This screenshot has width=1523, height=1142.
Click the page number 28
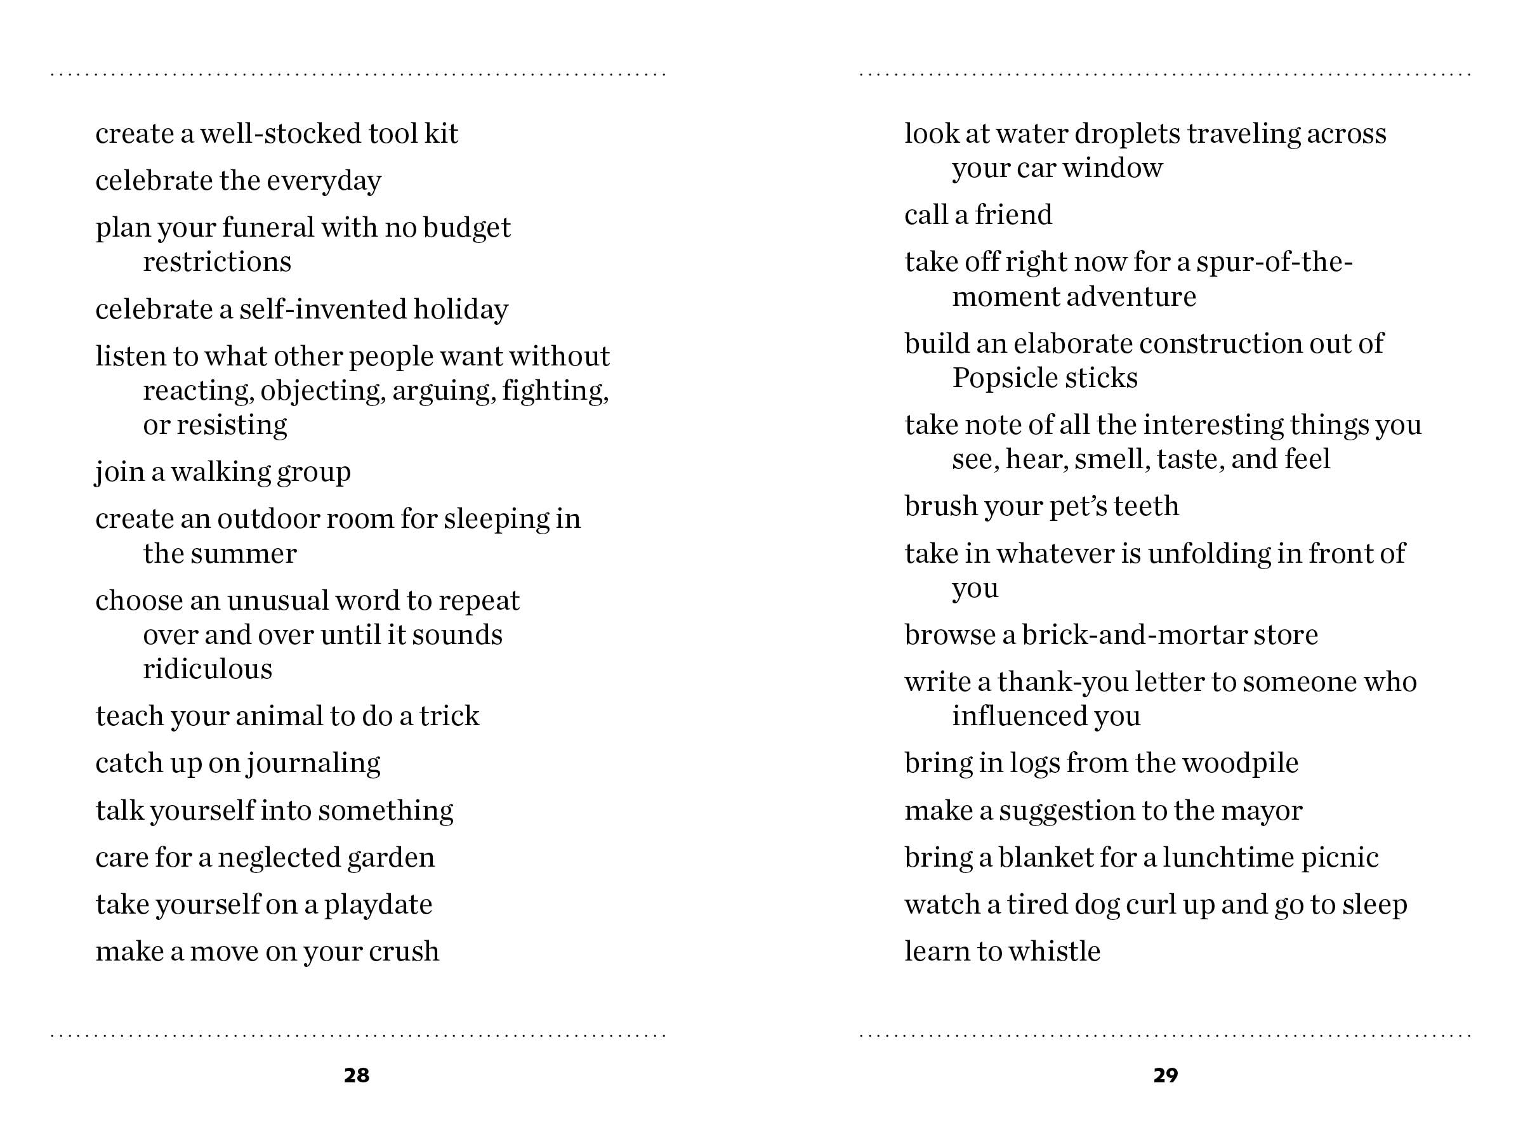click(357, 1075)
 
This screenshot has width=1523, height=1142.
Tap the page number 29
click(1166, 1075)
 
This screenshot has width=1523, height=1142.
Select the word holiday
click(461, 310)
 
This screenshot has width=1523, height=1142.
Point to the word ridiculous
click(208, 669)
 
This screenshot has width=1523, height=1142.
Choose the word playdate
click(378, 905)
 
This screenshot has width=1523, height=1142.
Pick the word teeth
click(1145, 506)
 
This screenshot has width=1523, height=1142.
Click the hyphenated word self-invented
click(322, 310)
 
